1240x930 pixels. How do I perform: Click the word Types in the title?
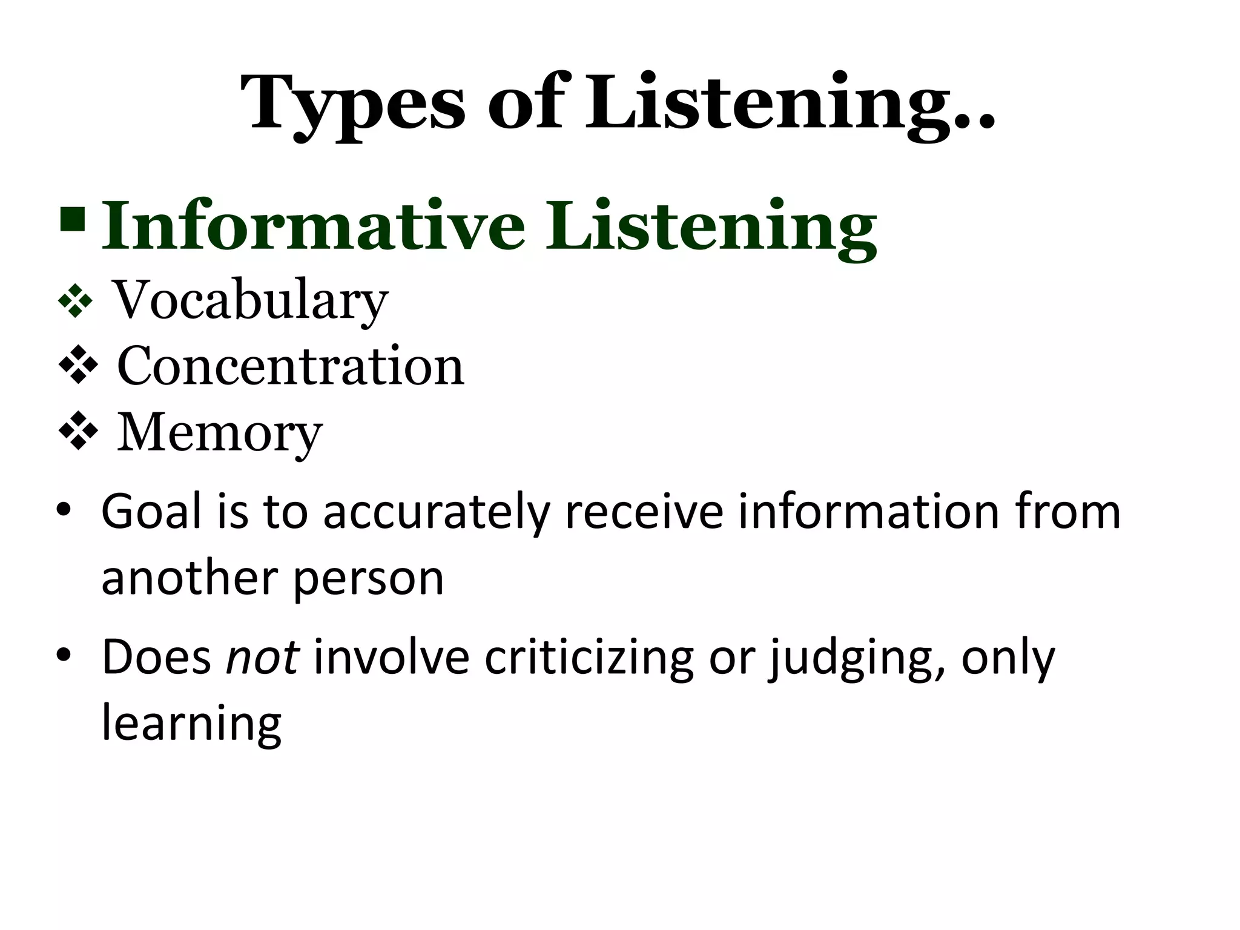(x=353, y=103)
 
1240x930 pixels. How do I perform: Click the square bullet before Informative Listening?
(x=73, y=220)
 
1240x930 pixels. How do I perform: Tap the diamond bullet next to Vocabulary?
(x=75, y=300)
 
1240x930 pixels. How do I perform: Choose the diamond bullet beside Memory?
(x=78, y=431)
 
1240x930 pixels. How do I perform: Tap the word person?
(x=369, y=579)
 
